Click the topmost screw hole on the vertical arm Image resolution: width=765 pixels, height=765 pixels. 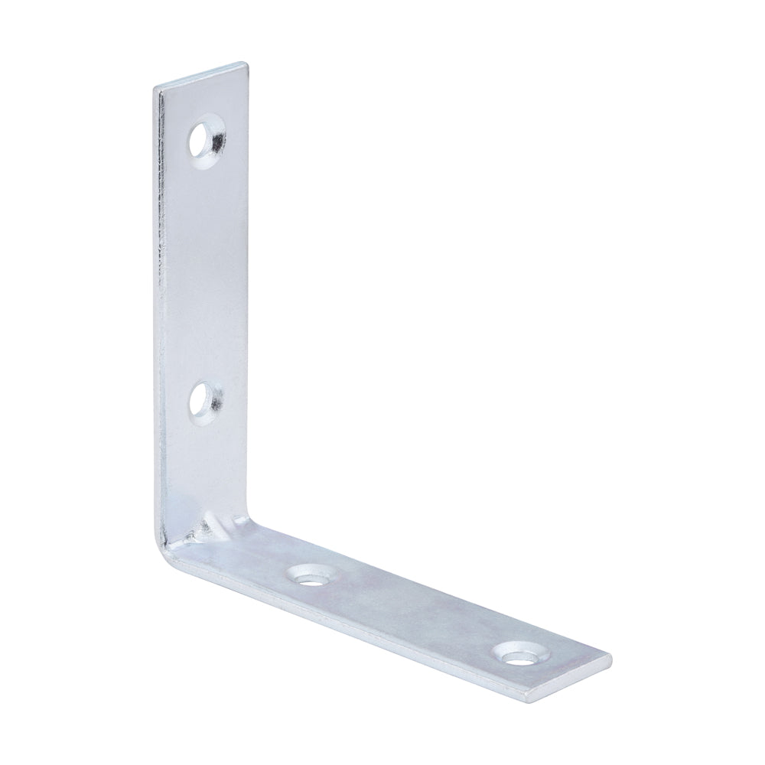tap(207, 136)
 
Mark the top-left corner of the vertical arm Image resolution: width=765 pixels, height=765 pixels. tap(155, 87)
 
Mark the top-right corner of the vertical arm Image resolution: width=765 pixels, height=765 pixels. tap(246, 63)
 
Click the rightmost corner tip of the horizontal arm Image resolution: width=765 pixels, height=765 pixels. tap(611, 656)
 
